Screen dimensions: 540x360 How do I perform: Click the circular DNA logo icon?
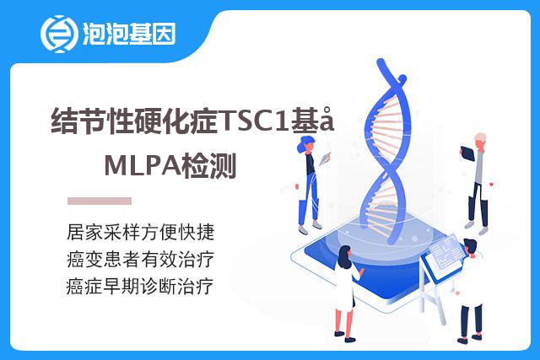click(57, 34)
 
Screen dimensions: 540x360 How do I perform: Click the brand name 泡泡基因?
click(129, 34)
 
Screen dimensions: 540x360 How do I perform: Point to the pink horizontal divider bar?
click(100, 201)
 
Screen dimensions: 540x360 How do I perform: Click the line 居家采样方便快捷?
click(141, 232)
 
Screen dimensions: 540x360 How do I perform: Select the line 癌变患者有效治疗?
click(141, 259)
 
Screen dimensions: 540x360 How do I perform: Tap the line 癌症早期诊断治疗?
click(140, 286)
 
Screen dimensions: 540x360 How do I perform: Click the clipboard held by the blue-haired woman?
click(325, 159)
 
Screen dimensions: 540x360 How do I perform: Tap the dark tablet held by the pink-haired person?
click(467, 153)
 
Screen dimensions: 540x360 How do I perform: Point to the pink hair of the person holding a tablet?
click(480, 137)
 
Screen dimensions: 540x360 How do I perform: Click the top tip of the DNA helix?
click(381, 62)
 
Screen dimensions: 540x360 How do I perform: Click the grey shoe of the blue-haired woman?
click(304, 230)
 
